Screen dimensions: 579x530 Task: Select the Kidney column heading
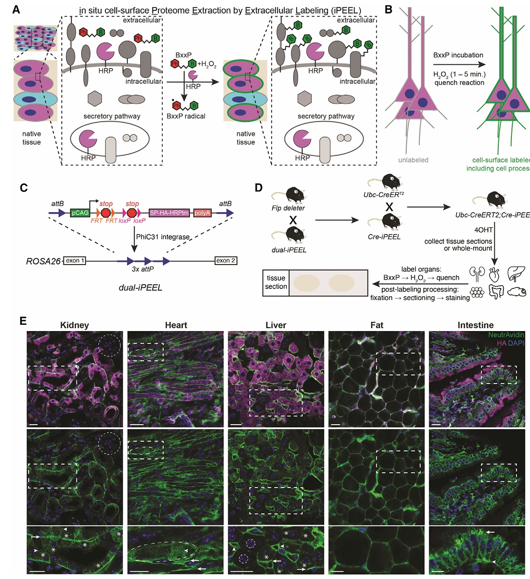(x=75, y=325)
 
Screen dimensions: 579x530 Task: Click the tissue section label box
(x=276, y=282)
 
